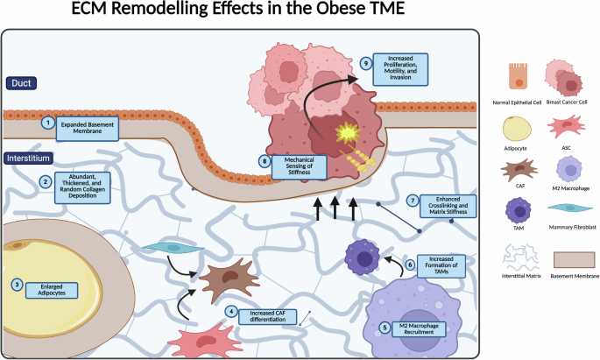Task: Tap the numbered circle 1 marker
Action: coord(49,124)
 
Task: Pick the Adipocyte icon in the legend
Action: coord(519,132)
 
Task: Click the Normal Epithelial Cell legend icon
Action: coord(519,78)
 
